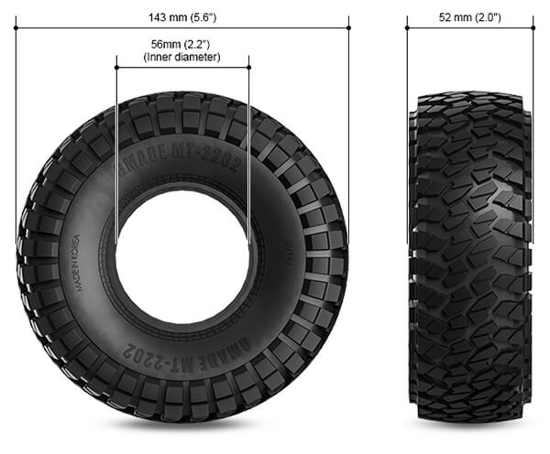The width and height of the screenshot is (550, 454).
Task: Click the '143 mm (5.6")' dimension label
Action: tap(181, 16)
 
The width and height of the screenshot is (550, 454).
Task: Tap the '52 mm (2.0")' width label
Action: tap(469, 16)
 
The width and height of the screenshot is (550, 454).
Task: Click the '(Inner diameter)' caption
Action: tap(181, 57)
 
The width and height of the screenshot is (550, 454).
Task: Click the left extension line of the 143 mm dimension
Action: tap(16, 137)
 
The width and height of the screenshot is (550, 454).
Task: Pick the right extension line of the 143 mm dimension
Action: tap(349, 137)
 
